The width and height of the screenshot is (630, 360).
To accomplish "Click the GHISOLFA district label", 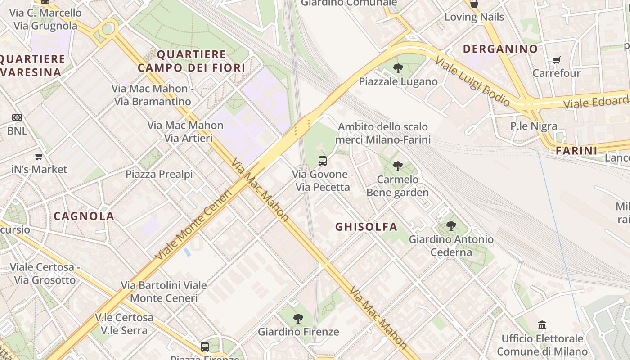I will [x=366, y=227].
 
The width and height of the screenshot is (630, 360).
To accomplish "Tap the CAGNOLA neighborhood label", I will [x=84, y=216].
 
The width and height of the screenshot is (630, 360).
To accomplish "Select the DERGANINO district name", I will [x=500, y=49].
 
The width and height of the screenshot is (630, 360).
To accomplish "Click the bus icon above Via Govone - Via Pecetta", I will [x=323, y=161].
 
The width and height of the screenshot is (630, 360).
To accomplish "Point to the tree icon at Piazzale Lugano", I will [x=398, y=69].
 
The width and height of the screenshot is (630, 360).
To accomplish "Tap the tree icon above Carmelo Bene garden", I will [x=397, y=166].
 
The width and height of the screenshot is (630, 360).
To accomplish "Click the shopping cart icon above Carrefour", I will [x=557, y=60].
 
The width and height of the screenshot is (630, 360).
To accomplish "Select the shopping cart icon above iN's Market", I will [x=39, y=157].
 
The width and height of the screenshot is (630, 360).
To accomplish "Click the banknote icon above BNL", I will [x=17, y=118].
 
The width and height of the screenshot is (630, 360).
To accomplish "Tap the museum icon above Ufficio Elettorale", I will [x=542, y=325].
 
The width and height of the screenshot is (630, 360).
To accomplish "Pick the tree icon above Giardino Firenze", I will [x=298, y=319].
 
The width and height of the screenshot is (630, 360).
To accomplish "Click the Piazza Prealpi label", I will [x=159, y=174].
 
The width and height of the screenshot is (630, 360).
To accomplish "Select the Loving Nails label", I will [x=474, y=17].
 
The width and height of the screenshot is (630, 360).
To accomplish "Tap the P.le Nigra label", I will [x=534, y=126].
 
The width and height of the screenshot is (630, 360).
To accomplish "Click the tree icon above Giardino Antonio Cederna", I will [x=451, y=226].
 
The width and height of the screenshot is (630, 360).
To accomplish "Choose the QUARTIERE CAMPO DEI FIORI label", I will [x=191, y=61].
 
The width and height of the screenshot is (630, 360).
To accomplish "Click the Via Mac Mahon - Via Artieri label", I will [x=185, y=132].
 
